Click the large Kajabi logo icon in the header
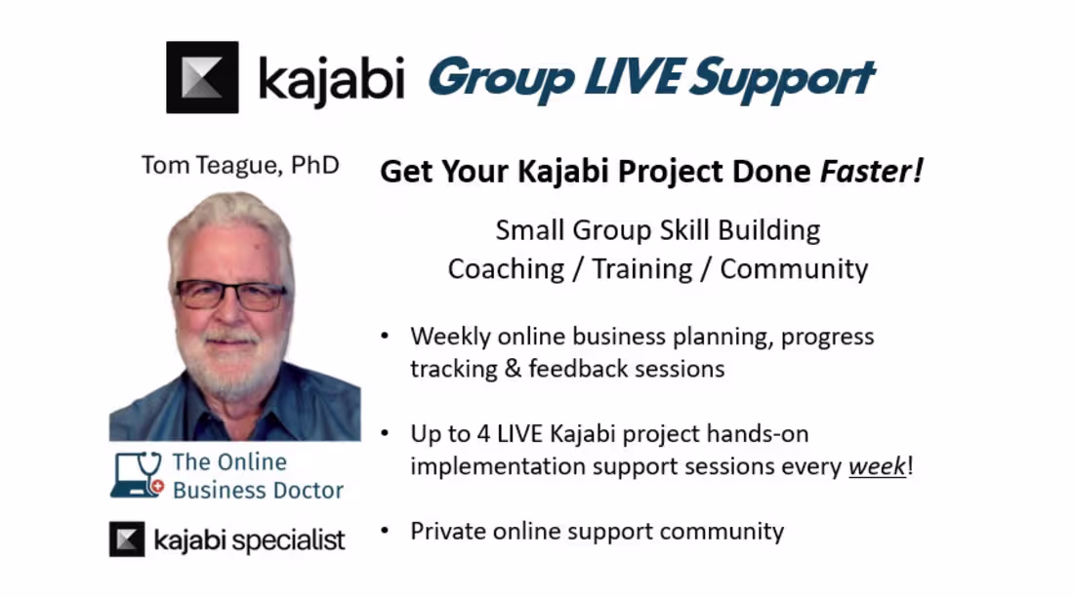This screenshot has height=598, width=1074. point(202,77)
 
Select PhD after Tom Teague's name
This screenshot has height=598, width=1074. point(314,165)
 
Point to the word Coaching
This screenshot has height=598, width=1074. point(506,269)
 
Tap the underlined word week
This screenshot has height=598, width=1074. point(877,466)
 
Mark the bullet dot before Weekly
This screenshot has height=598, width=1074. point(385,336)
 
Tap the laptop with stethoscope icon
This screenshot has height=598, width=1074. point(137,475)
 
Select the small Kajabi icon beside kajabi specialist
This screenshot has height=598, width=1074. point(127,539)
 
